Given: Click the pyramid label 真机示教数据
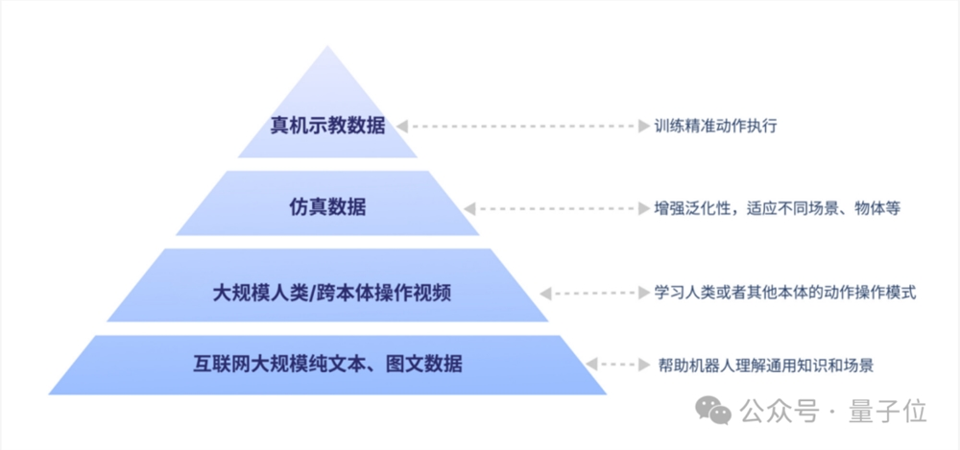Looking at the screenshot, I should [326, 126].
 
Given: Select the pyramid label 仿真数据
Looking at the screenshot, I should [326, 206].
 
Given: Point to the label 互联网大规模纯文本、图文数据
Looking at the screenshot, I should [326, 364].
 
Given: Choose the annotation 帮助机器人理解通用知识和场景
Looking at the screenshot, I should [765, 365].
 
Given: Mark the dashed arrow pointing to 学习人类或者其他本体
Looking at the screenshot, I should [591, 292].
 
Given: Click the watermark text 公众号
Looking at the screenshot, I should [779, 413].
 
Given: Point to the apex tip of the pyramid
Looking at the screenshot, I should [327, 48].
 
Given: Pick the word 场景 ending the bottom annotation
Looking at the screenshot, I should [857, 365].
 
